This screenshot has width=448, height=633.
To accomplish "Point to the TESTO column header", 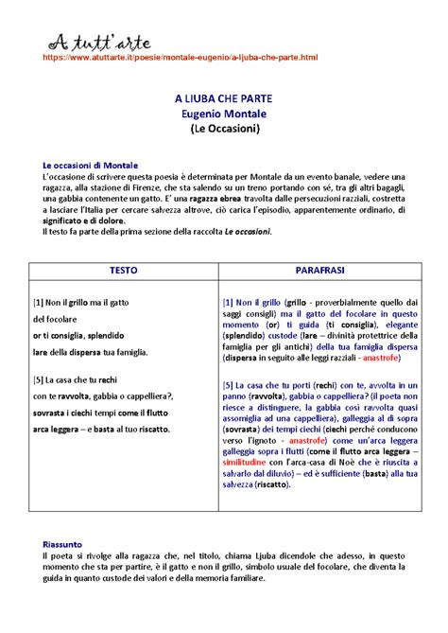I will [123, 270].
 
